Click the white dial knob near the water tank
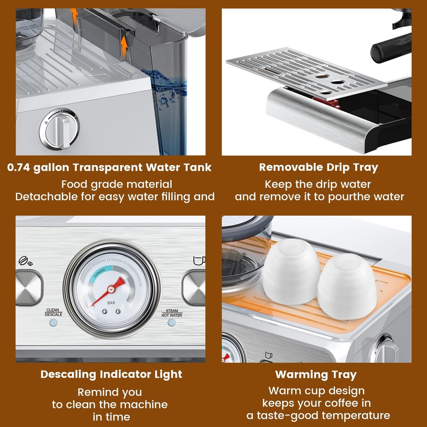pyautogui.click(x=59, y=129)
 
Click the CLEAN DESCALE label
pyautogui.click(x=53, y=312)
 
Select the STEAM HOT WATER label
pyautogui.click(x=172, y=313)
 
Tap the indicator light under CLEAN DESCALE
pyautogui.click(x=53, y=323)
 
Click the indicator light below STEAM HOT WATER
pyautogui.click(x=172, y=322)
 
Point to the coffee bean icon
pyautogui.click(x=25, y=261)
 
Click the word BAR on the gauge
pyautogui.click(x=111, y=303)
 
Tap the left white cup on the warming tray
pyautogui.click(x=291, y=271)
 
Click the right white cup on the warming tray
pyautogui.click(x=347, y=287)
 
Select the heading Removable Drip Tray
pyautogui.click(x=319, y=167)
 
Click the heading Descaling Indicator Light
pyautogui.click(x=111, y=374)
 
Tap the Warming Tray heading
pyautogui.click(x=316, y=375)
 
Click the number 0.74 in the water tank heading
pyautogui.click(x=18, y=167)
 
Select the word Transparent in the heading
pyautogui.click(x=107, y=167)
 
